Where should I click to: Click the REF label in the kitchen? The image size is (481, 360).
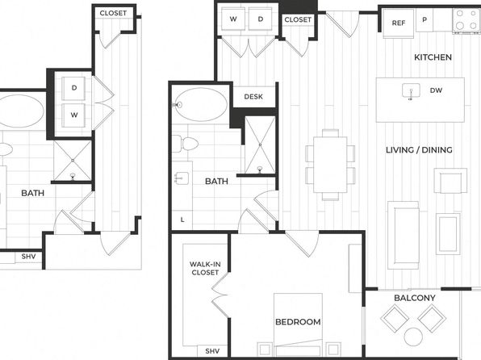[x=398, y=23]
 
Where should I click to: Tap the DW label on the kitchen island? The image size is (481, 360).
[x=436, y=90]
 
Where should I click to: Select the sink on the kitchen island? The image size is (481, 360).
[x=411, y=91]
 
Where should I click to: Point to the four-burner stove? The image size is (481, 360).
[x=466, y=19]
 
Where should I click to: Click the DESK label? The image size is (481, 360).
[x=253, y=97]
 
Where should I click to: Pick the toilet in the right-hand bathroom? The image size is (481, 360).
[x=185, y=144]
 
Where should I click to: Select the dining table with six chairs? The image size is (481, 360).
[x=330, y=165]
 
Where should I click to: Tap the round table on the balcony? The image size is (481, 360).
[x=413, y=337]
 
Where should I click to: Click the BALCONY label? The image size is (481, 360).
[x=415, y=298]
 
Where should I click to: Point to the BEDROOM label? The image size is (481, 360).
[x=298, y=322]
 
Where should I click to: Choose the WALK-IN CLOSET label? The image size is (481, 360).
[x=205, y=268]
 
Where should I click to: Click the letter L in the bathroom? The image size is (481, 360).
[x=182, y=220]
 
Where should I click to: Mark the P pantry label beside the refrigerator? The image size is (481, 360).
[x=425, y=19]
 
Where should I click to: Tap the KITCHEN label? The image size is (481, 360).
[x=433, y=57]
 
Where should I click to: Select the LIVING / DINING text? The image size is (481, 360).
[x=419, y=150]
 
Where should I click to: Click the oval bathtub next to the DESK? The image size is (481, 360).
[x=201, y=105]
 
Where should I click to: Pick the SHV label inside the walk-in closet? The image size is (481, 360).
[x=212, y=351]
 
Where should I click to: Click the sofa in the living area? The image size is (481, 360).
[x=404, y=235]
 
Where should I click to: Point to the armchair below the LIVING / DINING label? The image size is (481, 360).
[x=450, y=181]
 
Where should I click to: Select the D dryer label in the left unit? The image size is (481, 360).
[x=74, y=88]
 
